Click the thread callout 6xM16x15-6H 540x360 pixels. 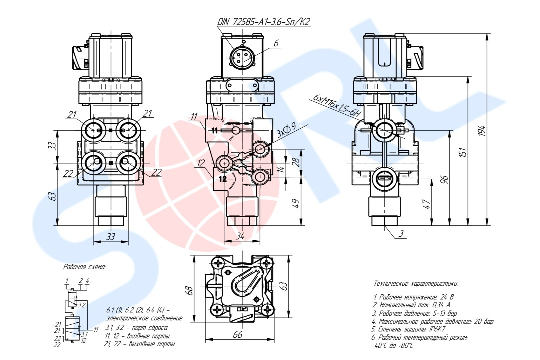337,105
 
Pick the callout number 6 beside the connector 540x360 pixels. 276,43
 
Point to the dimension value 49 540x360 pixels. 295,203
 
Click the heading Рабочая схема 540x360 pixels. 84,267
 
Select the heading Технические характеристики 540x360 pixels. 415,283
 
